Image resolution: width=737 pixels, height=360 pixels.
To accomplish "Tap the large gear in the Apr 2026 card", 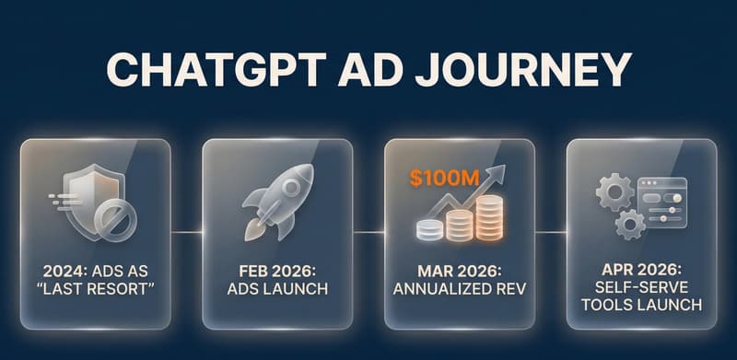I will coord(614,191).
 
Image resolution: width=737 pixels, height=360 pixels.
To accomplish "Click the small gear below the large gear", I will coord(630,224).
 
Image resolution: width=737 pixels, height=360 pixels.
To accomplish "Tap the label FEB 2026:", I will coord(276,273).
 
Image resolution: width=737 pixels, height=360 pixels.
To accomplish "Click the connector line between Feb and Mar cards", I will coord(368,233).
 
